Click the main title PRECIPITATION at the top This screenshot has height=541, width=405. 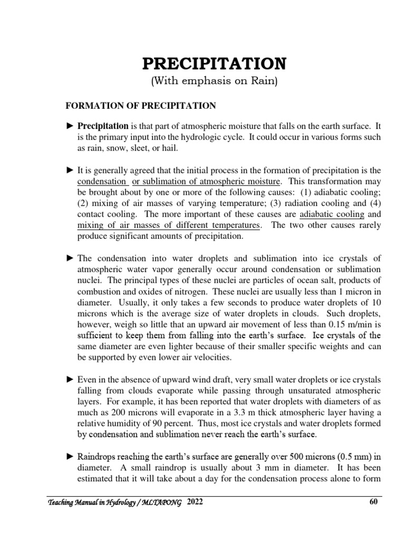point(214,64)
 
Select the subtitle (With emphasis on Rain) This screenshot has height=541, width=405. point(214,81)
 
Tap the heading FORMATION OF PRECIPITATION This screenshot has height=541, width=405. point(140,106)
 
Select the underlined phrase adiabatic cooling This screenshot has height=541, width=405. point(332,214)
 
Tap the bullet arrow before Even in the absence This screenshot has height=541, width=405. point(70,379)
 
